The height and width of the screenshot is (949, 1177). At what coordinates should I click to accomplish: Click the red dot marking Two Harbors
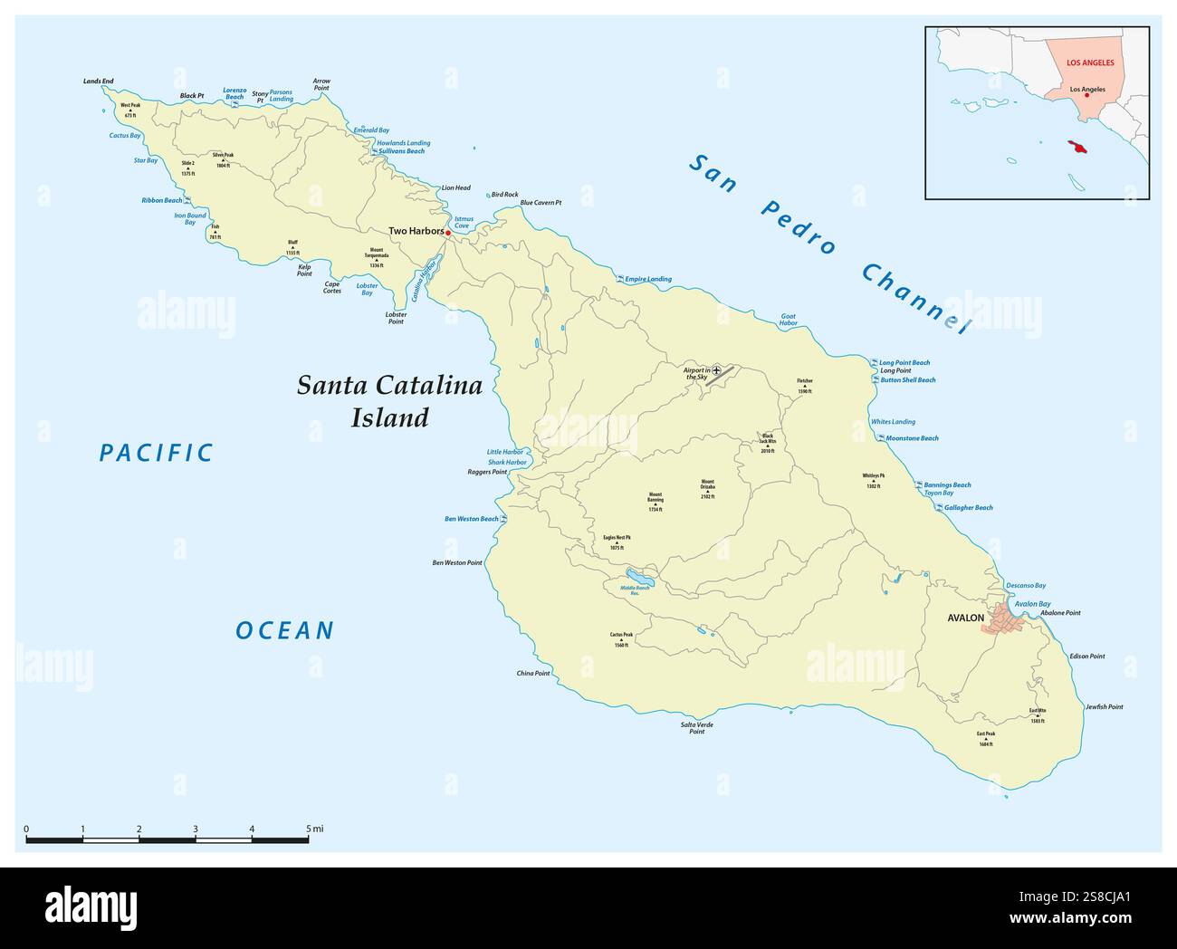448,233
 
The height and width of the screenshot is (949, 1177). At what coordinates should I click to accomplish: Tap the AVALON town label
965,618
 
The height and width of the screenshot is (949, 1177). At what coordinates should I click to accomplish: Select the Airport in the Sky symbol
716,370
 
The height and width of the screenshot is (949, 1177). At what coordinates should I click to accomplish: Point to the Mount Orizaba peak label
707,489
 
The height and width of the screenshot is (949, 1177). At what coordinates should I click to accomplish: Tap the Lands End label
99,81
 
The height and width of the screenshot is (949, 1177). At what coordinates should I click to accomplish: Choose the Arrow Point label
321,84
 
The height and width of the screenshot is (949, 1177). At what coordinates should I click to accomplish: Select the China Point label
533,674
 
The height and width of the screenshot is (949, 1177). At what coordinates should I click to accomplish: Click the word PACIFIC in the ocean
156,453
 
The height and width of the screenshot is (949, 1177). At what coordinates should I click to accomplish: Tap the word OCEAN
285,630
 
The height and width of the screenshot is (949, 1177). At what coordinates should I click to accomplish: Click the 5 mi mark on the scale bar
309,839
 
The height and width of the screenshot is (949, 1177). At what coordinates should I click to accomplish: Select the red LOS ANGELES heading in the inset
1090,62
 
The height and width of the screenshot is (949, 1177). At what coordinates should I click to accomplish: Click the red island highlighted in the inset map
1078,148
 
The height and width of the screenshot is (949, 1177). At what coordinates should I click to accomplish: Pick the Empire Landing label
648,279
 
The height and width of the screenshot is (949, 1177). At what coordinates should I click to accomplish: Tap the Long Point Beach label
904,362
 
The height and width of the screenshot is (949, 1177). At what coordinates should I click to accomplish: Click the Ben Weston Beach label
471,519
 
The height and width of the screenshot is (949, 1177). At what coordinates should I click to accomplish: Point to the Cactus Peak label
621,640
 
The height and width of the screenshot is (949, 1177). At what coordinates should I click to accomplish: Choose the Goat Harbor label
789,320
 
